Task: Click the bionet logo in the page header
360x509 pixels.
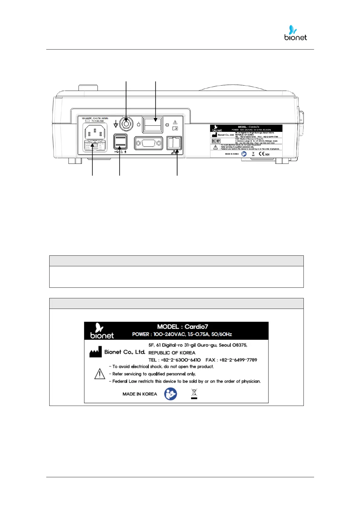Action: point(295,33)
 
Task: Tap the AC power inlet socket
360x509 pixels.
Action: point(95,132)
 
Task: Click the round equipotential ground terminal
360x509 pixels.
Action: point(126,123)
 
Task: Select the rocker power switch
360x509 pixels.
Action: point(153,124)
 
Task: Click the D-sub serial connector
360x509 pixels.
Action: point(148,143)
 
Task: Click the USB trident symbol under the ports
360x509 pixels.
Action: point(117,152)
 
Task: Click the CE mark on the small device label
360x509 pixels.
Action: point(262,154)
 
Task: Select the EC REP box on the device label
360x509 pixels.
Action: point(216,141)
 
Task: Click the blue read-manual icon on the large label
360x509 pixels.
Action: point(170,394)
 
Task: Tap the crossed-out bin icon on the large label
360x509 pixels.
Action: point(194,394)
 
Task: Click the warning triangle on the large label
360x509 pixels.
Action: point(100,374)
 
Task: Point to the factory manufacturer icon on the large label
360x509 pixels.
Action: point(96,352)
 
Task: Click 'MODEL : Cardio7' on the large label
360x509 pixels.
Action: point(183,327)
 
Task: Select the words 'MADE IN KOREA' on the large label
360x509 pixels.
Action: point(140,394)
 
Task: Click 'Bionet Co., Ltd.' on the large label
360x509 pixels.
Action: point(125,352)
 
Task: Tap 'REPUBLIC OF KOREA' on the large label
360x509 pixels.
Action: point(172,353)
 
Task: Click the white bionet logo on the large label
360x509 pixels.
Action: point(102,331)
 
